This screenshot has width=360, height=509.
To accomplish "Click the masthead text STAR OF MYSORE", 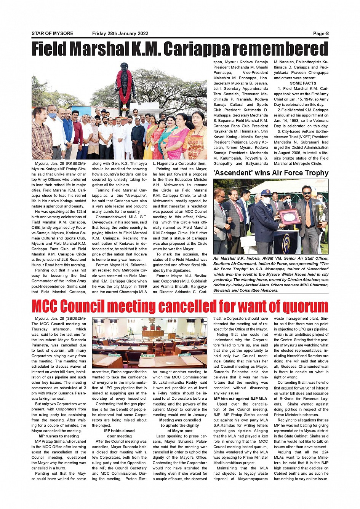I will [x=52, y=34].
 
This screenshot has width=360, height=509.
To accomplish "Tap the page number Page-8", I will [x=320, y=34].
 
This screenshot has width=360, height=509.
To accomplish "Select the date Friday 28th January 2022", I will [x=120, y=34].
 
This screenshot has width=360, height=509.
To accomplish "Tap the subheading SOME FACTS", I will [x=303, y=83].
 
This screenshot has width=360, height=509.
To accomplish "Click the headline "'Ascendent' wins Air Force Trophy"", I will [x=271, y=173].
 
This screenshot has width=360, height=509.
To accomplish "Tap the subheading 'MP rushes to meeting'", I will [x=59, y=436].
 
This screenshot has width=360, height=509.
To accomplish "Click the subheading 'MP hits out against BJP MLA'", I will [x=240, y=399].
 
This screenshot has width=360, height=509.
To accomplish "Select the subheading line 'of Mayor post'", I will [x=180, y=431].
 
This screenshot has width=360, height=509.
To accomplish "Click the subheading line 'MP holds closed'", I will [x=119, y=431].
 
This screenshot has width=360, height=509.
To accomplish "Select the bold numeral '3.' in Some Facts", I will [x=279, y=131].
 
